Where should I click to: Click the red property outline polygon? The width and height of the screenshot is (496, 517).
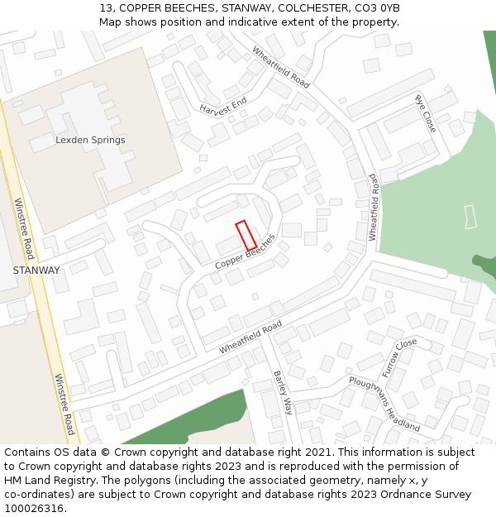click(246, 235)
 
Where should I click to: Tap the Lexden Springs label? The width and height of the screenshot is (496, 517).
click(90, 141)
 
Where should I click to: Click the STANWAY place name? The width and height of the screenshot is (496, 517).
click(36, 270)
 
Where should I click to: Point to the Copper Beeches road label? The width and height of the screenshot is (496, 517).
click(245, 251)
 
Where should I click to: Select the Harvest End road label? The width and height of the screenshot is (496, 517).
click(223, 107)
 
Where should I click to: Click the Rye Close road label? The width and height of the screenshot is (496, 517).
click(426, 113)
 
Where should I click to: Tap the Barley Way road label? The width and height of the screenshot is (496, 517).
click(284, 392)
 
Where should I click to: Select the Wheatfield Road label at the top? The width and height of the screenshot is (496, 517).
click(281, 67)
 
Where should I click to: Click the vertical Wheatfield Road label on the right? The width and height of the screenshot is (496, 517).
click(373, 207)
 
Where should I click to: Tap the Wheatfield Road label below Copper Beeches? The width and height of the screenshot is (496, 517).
click(250, 337)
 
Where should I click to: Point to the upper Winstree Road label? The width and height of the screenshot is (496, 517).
click(24, 228)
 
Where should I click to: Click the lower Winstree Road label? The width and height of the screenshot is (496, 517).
click(64, 405)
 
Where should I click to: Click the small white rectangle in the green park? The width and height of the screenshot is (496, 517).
click(471, 216)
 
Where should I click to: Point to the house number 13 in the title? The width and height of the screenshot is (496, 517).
click(105, 7)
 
